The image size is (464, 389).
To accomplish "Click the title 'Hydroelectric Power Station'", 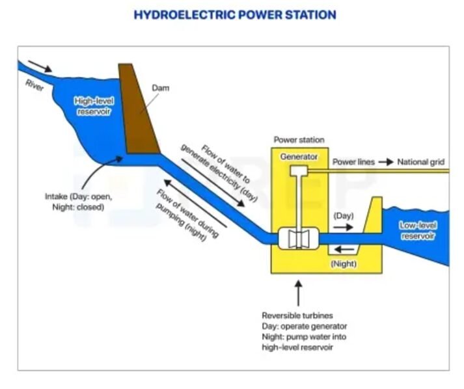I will click(x=234, y=14).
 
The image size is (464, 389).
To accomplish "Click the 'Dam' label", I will click(x=160, y=88).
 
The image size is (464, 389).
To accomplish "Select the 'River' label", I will click(x=34, y=85).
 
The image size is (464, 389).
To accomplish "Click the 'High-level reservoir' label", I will click(x=93, y=107).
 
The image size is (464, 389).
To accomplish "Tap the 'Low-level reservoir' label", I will click(x=418, y=230).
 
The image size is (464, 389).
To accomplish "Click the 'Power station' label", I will click(x=299, y=140).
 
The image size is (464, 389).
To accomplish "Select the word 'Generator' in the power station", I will click(x=299, y=157).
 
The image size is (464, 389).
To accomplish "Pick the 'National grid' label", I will click(x=421, y=162).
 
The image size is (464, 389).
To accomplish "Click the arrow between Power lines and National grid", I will click(x=386, y=162).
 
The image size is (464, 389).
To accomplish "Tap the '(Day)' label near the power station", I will click(x=343, y=215).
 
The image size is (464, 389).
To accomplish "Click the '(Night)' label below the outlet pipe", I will click(x=344, y=264).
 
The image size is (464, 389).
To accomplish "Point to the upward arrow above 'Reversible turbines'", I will click(x=299, y=292).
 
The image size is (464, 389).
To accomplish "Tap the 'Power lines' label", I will click(x=353, y=162).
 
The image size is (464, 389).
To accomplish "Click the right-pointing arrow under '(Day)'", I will click(x=342, y=228).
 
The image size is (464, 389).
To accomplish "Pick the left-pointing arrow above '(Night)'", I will click(x=344, y=250).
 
